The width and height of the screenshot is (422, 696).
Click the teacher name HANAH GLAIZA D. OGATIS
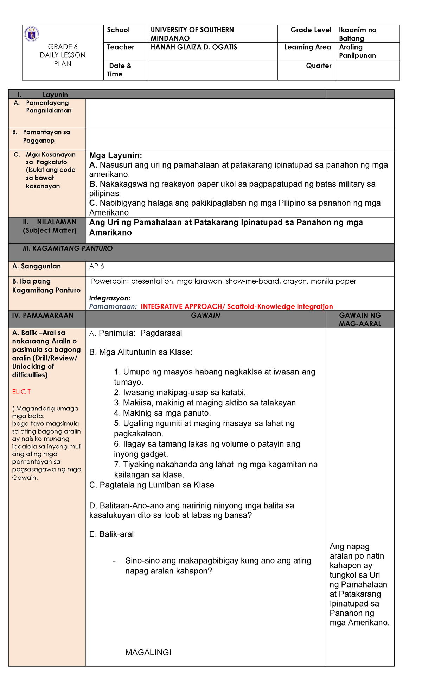[194, 47]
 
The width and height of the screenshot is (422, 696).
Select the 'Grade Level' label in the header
[311, 30]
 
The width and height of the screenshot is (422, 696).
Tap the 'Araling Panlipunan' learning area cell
[357, 51]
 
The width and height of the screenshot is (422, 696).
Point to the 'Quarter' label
[318, 66]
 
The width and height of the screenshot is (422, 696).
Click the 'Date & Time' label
[120, 70]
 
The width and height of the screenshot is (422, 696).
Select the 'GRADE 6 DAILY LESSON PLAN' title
[63, 55]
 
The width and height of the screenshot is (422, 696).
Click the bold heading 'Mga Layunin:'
[115, 156]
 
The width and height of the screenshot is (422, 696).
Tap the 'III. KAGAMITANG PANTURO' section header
[68, 249]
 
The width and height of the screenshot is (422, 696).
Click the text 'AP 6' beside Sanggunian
[96, 266]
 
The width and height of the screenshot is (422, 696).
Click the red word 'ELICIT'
[21, 392]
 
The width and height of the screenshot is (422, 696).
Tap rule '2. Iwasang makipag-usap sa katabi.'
[180, 393]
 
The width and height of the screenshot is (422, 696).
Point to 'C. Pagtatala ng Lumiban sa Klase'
[152, 485]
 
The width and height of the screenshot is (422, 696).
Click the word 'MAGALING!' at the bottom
[148, 652]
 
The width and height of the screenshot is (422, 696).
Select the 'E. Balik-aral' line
[111, 534]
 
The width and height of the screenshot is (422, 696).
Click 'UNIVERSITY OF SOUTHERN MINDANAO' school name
[192, 34]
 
